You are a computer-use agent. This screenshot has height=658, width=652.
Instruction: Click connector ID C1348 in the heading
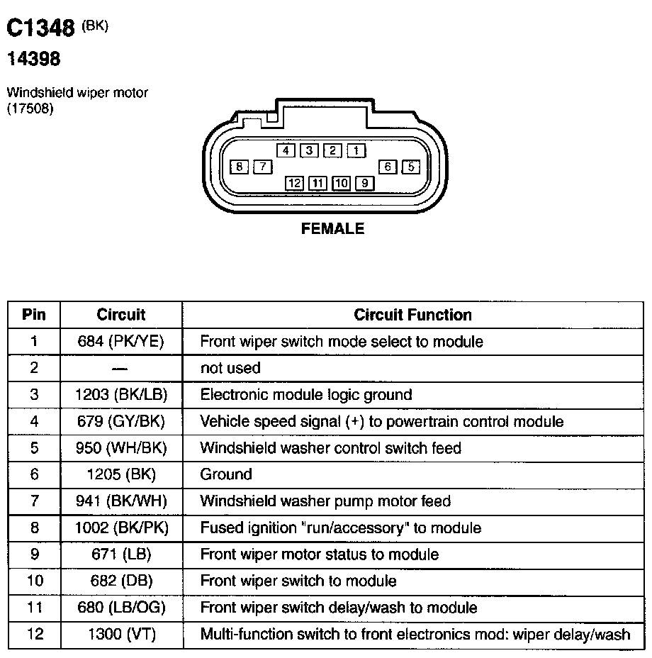click(40, 29)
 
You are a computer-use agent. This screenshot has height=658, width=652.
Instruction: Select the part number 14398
click(33, 60)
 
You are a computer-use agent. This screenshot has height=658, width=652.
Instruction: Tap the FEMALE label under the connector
click(332, 229)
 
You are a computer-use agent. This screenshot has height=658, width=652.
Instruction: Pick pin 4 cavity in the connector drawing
click(286, 150)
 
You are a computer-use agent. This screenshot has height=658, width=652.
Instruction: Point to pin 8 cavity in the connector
click(240, 167)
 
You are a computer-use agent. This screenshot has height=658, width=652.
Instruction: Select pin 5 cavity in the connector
click(410, 167)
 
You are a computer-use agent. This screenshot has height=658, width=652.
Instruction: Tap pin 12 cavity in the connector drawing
click(295, 183)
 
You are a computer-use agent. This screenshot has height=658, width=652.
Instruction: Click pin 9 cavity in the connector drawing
click(364, 183)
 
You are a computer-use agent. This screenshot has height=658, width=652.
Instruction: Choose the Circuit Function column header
click(412, 315)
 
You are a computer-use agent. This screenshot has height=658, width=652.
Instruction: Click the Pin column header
click(34, 315)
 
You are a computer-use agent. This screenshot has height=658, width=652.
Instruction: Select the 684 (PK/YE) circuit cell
click(120, 342)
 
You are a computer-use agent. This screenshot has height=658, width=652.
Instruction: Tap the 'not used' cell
click(230, 368)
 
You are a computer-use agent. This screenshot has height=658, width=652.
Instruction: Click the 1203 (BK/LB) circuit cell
click(120, 395)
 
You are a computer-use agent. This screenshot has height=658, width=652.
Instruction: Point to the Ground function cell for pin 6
click(226, 474)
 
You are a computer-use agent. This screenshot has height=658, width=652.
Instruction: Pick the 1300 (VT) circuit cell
click(120, 634)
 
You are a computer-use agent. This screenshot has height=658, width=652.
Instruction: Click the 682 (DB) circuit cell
click(120, 581)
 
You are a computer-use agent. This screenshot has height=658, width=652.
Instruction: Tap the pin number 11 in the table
click(34, 608)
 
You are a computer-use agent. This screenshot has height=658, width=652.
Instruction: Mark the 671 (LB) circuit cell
click(120, 554)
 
